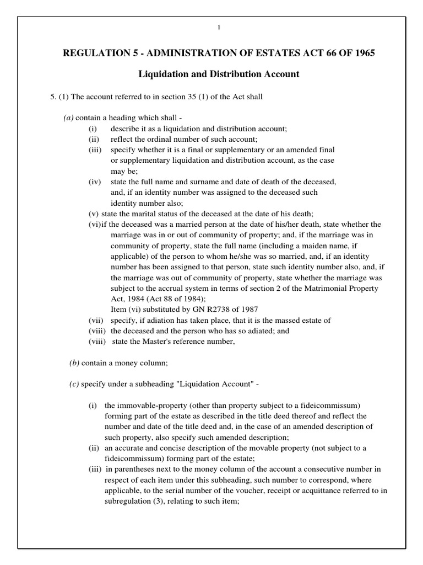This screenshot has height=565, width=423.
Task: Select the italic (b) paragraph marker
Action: [x=74, y=362]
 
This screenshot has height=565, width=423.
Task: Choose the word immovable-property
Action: [x=149, y=406]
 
